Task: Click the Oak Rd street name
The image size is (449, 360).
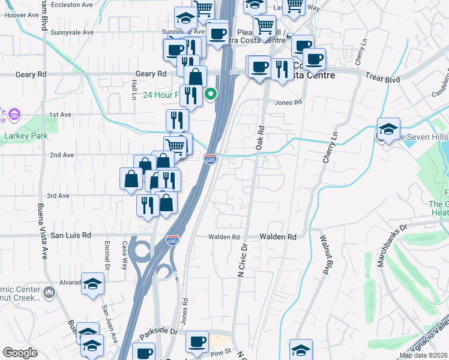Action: tap(260, 137)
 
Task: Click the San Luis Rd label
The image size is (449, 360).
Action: tap(70, 235)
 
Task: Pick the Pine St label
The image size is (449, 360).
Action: tap(220, 352)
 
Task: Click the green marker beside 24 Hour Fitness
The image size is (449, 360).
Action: tap(211, 94)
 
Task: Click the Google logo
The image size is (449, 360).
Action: tap(20, 353)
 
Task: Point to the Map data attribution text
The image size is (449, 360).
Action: tap(424, 355)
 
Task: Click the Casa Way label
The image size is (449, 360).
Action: tap(125, 255)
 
